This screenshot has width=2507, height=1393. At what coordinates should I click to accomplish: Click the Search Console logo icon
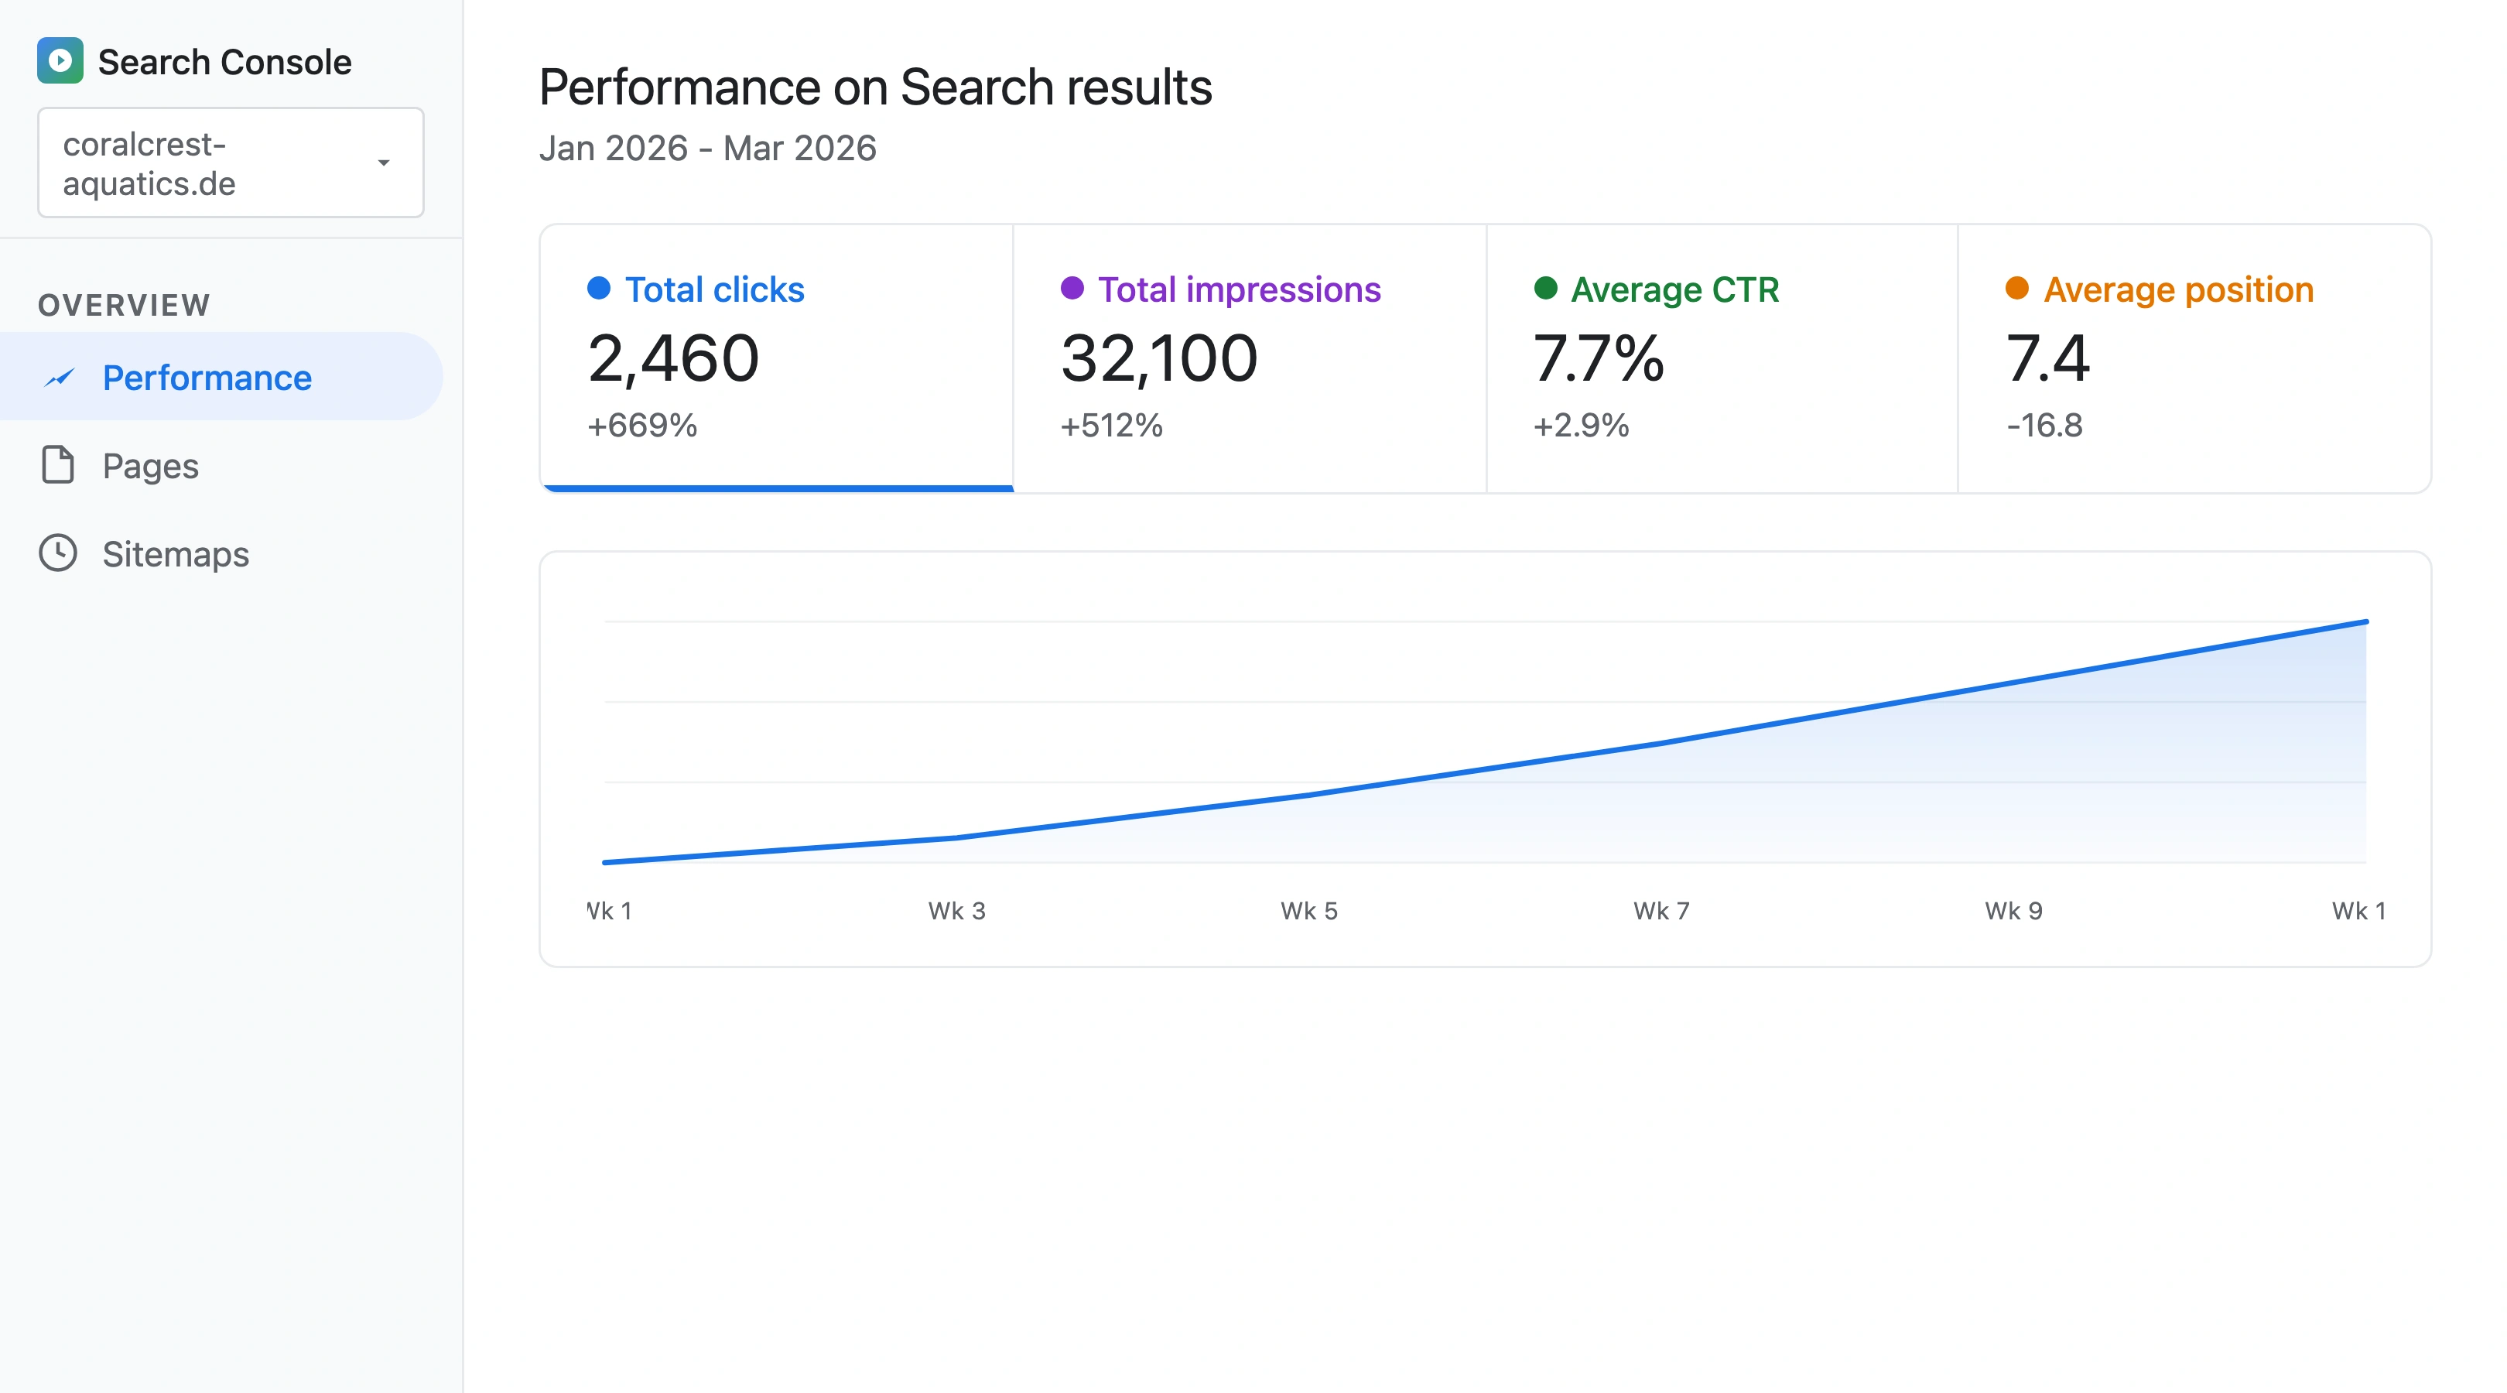click(x=60, y=60)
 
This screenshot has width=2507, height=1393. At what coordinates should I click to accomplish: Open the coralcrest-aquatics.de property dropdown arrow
click(x=384, y=163)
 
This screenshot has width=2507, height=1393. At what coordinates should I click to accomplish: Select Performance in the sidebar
click(x=207, y=378)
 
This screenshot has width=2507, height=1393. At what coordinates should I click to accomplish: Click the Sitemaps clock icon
click(x=58, y=553)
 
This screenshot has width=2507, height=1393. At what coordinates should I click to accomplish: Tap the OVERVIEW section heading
click(x=124, y=305)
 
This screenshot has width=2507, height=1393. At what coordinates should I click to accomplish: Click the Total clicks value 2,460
click(x=672, y=358)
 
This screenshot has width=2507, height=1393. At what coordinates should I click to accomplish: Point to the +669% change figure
click(x=641, y=426)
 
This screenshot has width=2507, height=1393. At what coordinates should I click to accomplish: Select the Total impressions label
click(x=1238, y=289)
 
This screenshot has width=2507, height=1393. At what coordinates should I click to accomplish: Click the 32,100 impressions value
click(x=1158, y=358)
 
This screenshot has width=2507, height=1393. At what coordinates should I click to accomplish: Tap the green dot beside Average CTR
click(x=1544, y=288)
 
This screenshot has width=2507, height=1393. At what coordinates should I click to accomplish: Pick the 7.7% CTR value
click(x=1598, y=358)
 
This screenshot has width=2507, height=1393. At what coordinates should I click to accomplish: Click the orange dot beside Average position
click(x=2016, y=288)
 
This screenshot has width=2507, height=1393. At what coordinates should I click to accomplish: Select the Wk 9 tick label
click(x=2013, y=910)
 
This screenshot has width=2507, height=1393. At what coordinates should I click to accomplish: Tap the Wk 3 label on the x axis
click(x=956, y=910)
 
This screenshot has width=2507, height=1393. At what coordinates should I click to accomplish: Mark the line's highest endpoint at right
click(x=2365, y=621)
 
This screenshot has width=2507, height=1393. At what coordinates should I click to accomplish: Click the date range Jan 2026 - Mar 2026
click(x=707, y=148)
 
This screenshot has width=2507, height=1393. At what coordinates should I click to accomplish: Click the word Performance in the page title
click(x=679, y=87)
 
